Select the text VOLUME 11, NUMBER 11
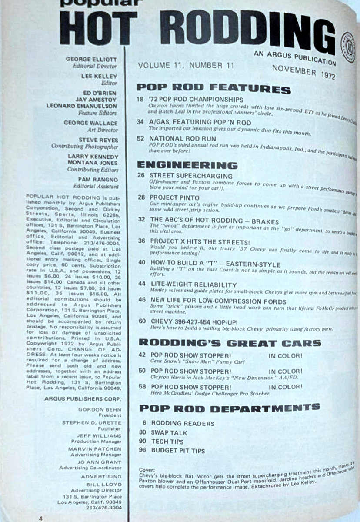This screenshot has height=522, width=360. pos(186,66)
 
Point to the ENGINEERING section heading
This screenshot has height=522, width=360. pos(187,165)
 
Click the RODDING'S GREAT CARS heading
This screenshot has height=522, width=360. pos(229,343)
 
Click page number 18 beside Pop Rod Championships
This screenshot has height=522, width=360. pos(140,100)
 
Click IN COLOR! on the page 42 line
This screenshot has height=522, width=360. pos(285,355)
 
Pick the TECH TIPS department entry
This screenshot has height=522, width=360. pos(167,442)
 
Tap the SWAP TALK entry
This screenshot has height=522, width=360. pos(169,432)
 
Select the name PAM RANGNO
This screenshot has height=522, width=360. pos(101,178)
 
